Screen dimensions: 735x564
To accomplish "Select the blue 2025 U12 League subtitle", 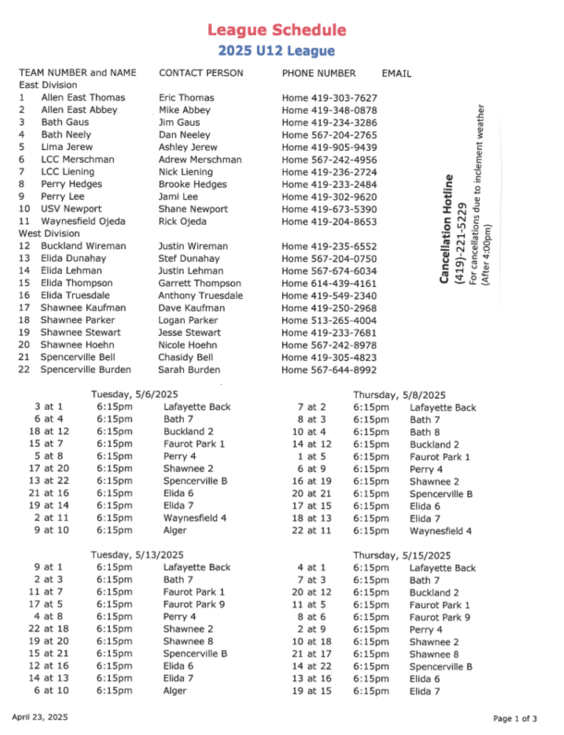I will [x=276, y=50].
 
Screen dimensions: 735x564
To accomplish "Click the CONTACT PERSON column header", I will [x=201, y=72].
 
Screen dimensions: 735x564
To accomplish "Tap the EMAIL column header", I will [x=397, y=72].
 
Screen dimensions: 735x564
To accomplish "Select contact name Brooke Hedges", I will [x=193, y=184].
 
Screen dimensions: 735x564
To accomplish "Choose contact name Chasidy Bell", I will [x=186, y=357].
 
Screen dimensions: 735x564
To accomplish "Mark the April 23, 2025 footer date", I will [x=40, y=716].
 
